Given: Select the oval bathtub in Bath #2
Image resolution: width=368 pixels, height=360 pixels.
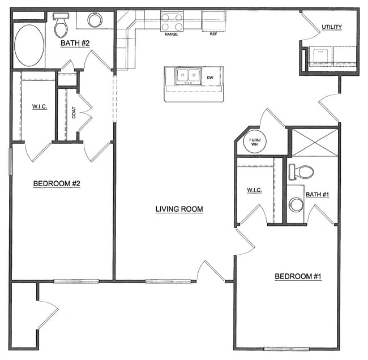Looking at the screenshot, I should coord(28,45).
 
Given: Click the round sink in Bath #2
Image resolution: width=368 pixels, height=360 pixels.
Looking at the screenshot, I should coord(95,20).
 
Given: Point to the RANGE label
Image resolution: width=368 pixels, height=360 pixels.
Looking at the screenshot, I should coord(172,35).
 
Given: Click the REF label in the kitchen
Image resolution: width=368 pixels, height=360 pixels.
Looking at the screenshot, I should coord(213,35).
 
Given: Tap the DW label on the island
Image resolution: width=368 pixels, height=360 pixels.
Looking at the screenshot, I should coord(210,78).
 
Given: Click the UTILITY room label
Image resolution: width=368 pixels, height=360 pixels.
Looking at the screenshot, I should coord(332,27).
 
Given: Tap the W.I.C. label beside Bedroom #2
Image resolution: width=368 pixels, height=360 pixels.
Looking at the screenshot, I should coord(40,106).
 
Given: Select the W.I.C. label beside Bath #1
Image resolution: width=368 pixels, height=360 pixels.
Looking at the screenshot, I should coord(254,190).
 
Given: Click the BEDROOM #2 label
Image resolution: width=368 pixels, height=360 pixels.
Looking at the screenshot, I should coord(57,183).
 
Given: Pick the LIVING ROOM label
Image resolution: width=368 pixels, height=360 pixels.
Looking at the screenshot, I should coord(179,209).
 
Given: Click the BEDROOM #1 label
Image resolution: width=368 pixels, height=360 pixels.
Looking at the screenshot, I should coord(298,276).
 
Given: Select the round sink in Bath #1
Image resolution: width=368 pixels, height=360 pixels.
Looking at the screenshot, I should coord(296,204).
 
